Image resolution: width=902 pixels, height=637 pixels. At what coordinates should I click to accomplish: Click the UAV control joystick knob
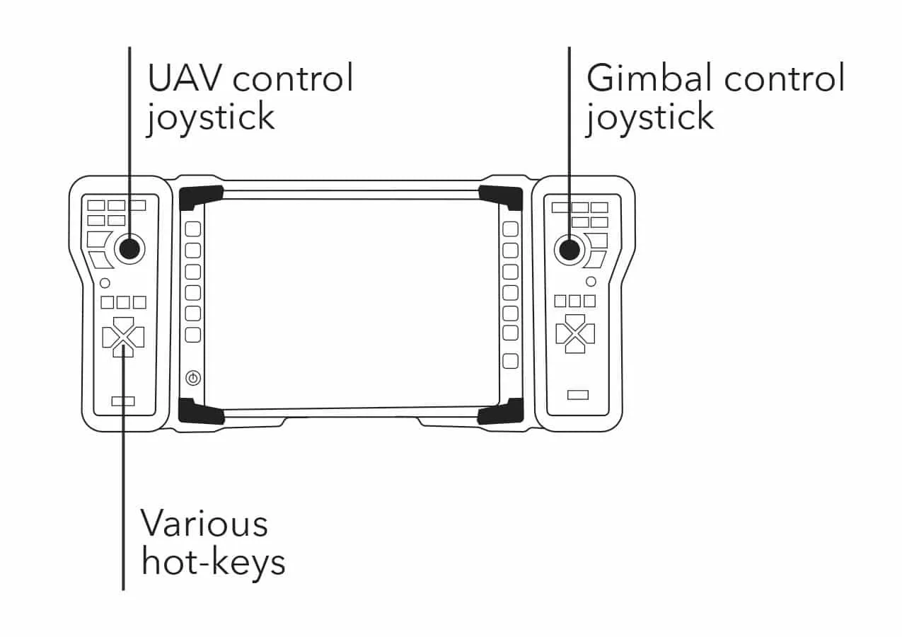pyautogui.click(x=129, y=248)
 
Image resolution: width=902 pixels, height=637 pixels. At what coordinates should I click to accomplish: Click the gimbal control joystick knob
pyautogui.click(x=569, y=248)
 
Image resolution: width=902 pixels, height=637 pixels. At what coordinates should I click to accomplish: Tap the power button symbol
pyautogui.click(x=192, y=378)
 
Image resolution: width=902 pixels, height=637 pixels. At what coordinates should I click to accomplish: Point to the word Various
pyautogui.click(x=204, y=524)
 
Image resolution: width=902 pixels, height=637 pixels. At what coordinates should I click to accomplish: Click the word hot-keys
pyautogui.click(x=213, y=562)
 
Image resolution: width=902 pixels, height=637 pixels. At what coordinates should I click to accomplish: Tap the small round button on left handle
pyautogui.click(x=105, y=283)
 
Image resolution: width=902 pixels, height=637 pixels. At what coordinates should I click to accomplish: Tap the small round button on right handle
pyautogui.click(x=591, y=282)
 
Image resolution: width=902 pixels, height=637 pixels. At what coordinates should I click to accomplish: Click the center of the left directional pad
pyautogui.click(x=123, y=337)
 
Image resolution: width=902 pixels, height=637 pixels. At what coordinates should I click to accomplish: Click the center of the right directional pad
pyautogui.click(x=575, y=333)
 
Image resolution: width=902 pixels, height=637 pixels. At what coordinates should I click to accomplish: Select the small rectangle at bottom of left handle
pyautogui.click(x=123, y=401)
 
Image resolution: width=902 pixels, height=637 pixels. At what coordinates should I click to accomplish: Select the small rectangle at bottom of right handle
pyautogui.click(x=578, y=394)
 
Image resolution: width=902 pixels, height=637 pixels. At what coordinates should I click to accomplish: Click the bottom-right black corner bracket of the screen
pyautogui.click(x=501, y=411)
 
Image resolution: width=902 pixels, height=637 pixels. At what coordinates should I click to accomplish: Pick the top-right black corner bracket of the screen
pyautogui.click(x=502, y=197)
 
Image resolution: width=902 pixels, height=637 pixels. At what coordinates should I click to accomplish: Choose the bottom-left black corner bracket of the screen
pyautogui.click(x=200, y=411)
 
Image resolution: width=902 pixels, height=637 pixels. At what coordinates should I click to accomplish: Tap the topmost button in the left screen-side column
pyautogui.click(x=192, y=229)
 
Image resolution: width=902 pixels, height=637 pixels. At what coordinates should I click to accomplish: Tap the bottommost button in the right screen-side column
pyautogui.click(x=510, y=361)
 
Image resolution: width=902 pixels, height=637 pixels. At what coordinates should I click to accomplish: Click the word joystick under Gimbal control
pyautogui.click(x=649, y=117)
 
